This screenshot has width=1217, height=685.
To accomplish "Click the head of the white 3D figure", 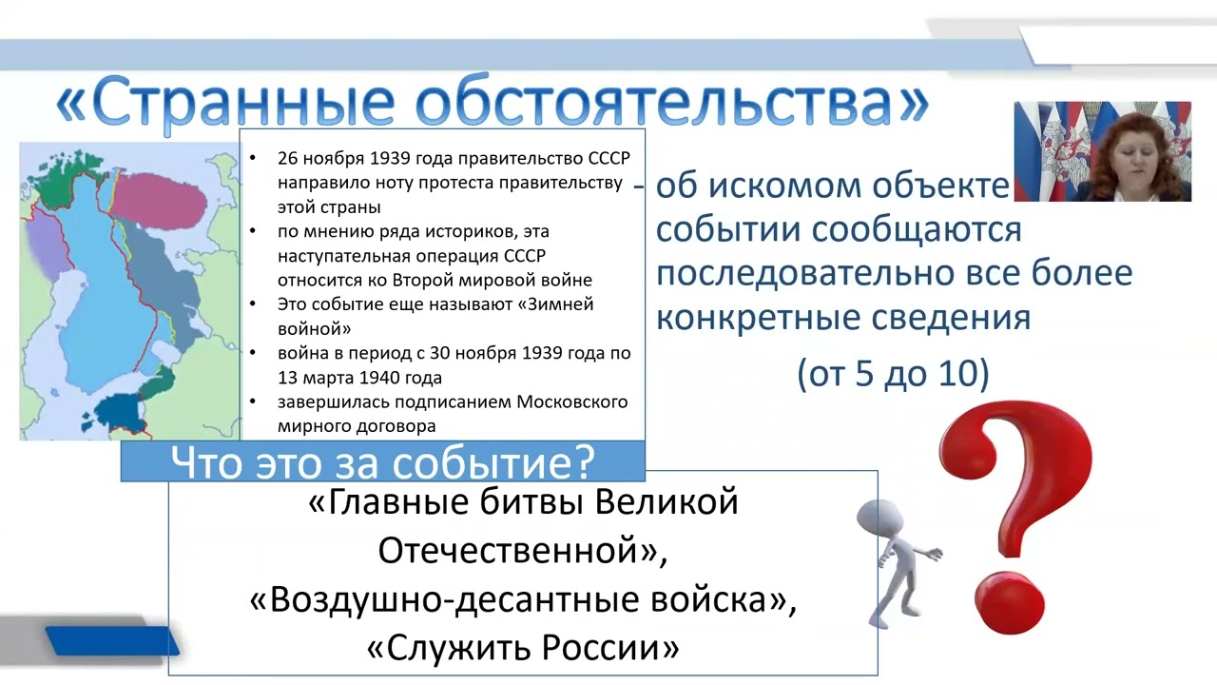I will click(876, 519).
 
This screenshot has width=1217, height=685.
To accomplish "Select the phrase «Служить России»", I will click(523, 648).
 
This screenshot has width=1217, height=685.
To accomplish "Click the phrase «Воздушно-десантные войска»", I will click(522, 599).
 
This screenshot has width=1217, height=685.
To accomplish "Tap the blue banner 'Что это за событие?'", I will click(382, 462).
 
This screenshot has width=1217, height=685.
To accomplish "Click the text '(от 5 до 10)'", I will click(893, 374).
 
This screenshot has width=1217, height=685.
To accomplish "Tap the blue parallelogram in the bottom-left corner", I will click(112, 641).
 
